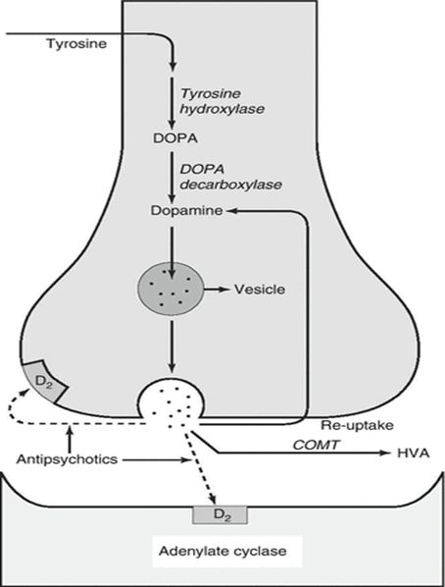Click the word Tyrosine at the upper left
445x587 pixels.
[76, 44]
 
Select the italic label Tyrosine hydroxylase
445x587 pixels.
[222, 101]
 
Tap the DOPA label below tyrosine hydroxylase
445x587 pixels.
[175, 138]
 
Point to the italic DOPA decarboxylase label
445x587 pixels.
[230, 177]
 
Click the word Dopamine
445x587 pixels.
[186, 211]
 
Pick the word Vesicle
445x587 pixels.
[260, 290]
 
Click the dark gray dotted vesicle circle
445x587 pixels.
[172, 289]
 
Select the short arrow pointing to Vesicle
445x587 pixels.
[217, 289]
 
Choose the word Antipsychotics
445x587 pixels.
[67, 459]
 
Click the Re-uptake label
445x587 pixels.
[357, 425]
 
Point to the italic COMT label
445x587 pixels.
[316, 445]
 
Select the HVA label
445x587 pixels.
[413, 454]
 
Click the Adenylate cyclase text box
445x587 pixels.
[226, 552]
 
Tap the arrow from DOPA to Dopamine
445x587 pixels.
[172, 177]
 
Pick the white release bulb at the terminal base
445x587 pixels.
[172, 399]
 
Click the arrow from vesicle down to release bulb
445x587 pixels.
[172, 347]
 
